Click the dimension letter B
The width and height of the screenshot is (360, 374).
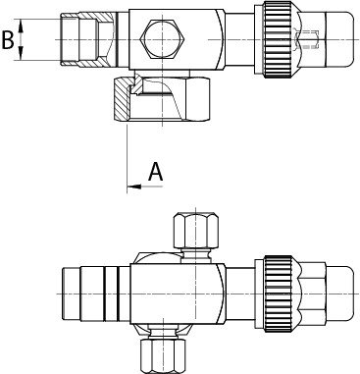click(x=8, y=40)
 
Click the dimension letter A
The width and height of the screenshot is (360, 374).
click(x=155, y=172)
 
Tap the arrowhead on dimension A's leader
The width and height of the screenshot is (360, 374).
click(x=134, y=187)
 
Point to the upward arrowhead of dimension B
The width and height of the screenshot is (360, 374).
click(x=21, y=26)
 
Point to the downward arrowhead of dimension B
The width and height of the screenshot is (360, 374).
click(x=21, y=54)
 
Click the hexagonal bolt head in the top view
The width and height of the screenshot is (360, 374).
click(x=163, y=39)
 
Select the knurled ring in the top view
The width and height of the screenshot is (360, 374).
click(x=277, y=39)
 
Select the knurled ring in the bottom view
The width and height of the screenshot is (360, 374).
click(x=278, y=294)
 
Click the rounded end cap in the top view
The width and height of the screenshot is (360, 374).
click(x=340, y=39)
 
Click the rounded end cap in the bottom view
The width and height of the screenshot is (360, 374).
click(x=340, y=294)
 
